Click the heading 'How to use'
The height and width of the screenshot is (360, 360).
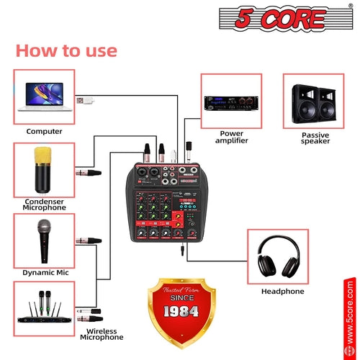66,50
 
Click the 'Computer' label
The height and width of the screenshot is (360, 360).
44,131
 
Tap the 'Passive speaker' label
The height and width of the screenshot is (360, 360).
315,139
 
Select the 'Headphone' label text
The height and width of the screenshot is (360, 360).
282,291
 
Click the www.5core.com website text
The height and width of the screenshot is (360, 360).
350,317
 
